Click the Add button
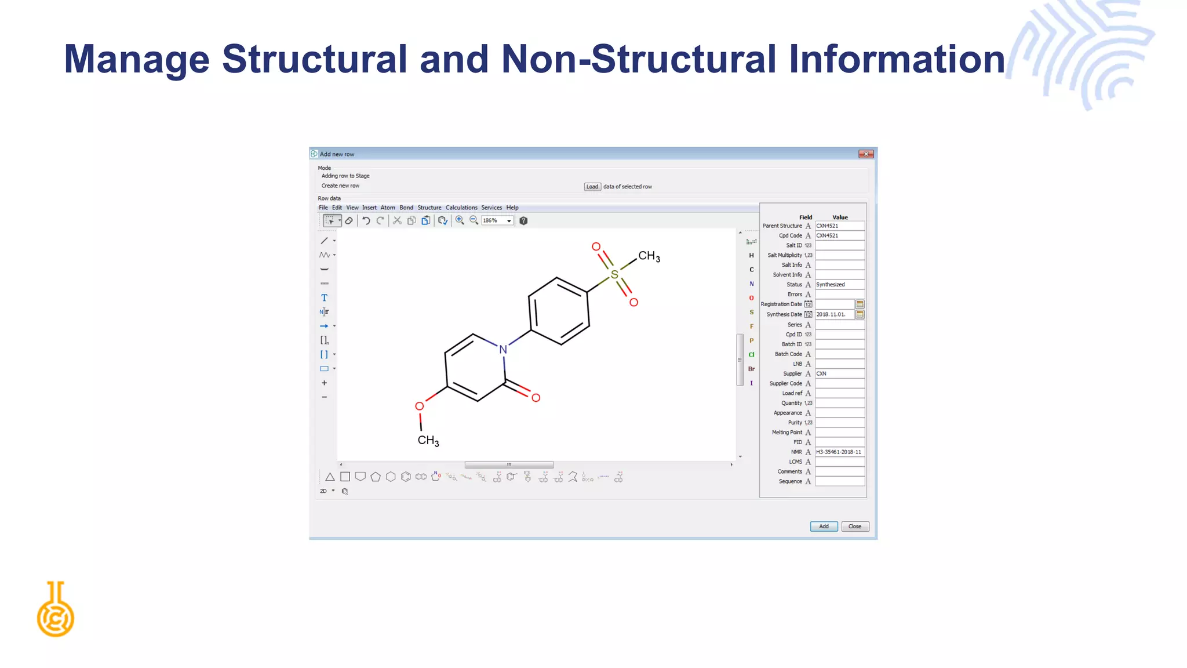click(824, 527)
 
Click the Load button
click(592, 187)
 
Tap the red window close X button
click(866, 154)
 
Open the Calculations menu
click(461, 208)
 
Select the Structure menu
click(429, 208)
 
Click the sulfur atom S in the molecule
click(614, 274)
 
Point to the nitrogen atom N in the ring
click(503, 350)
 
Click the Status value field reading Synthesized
click(839, 285)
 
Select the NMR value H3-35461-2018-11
click(839, 452)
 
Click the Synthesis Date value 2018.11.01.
click(834, 314)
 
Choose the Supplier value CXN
click(839, 374)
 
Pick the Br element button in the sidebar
click(752, 369)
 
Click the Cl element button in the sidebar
click(752, 355)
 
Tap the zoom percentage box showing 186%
click(493, 221)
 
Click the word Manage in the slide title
click(136, 59)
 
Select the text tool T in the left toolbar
click(324, 298)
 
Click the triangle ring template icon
click(330, 477)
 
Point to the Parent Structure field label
click(782, 226)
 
